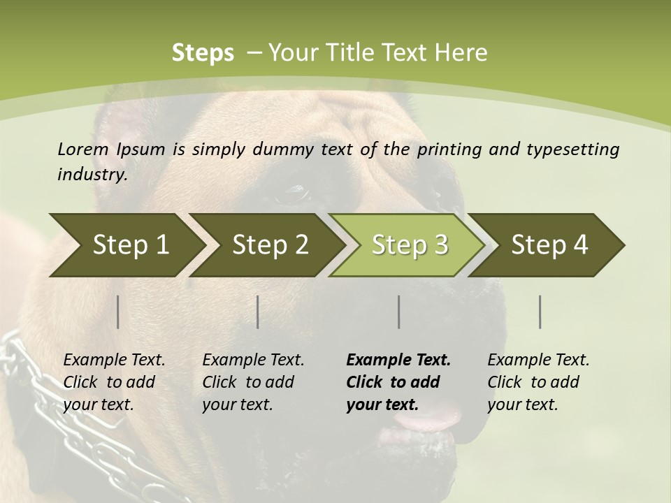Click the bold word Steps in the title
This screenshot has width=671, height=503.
click(x=203, y=53)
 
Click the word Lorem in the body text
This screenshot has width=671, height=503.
click(x=83, y=149)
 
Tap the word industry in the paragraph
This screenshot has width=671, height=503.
click(x=92, y=175)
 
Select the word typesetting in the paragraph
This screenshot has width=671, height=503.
click(x=572, y=150)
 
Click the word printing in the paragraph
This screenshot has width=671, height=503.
click(x=449, y=150)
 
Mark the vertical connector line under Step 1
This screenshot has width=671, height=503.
click(x=118, y=312)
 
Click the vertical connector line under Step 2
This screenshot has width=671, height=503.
click(x=258, y=312)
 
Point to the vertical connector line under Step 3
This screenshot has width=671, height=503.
click(x=399, y=312)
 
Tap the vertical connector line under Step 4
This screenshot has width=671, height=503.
click(x=540, y=312)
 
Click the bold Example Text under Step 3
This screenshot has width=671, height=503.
click(x=398, y=360)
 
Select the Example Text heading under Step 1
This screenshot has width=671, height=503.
click(x=114, y=360)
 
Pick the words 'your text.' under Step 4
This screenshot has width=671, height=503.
click(x=523, y=405)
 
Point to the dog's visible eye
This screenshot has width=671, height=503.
click(x=295, y=194)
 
